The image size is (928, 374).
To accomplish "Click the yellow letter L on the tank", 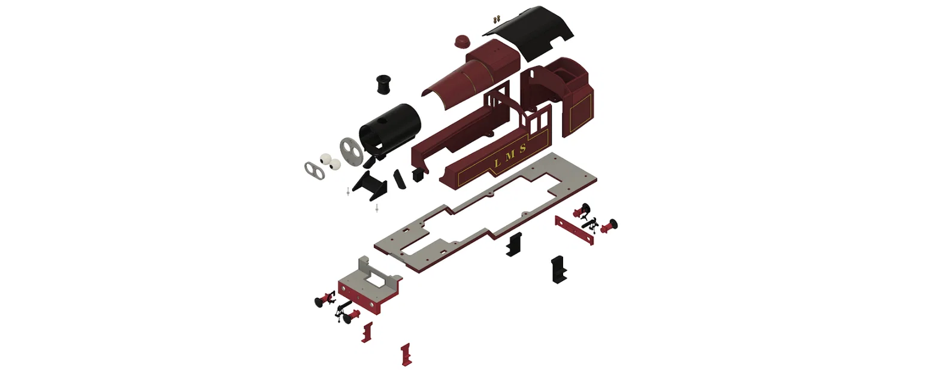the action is pos(498,163).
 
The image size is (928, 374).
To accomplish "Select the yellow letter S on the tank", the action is pos(523,148).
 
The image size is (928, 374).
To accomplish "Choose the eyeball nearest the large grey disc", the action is pos(335,165).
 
